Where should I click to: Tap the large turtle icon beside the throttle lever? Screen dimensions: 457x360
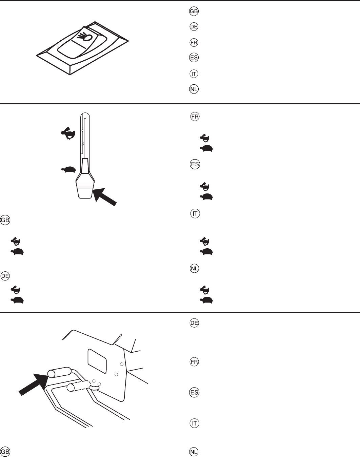click(68, 169)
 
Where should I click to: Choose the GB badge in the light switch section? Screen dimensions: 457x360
click(194, 11)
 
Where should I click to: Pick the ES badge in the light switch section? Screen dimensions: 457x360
click(194, 58)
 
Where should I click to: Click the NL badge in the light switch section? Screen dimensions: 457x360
click(194, 89)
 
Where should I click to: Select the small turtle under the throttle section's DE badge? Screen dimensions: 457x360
click(17, 300)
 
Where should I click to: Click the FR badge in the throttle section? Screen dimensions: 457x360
click(195, 117)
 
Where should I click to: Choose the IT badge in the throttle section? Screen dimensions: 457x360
click(195, 214)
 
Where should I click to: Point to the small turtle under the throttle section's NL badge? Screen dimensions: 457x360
click(206, 300)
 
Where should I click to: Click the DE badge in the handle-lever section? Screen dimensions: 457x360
click(194, 323)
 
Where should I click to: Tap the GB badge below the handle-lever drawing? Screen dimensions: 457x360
click(5, 452)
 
